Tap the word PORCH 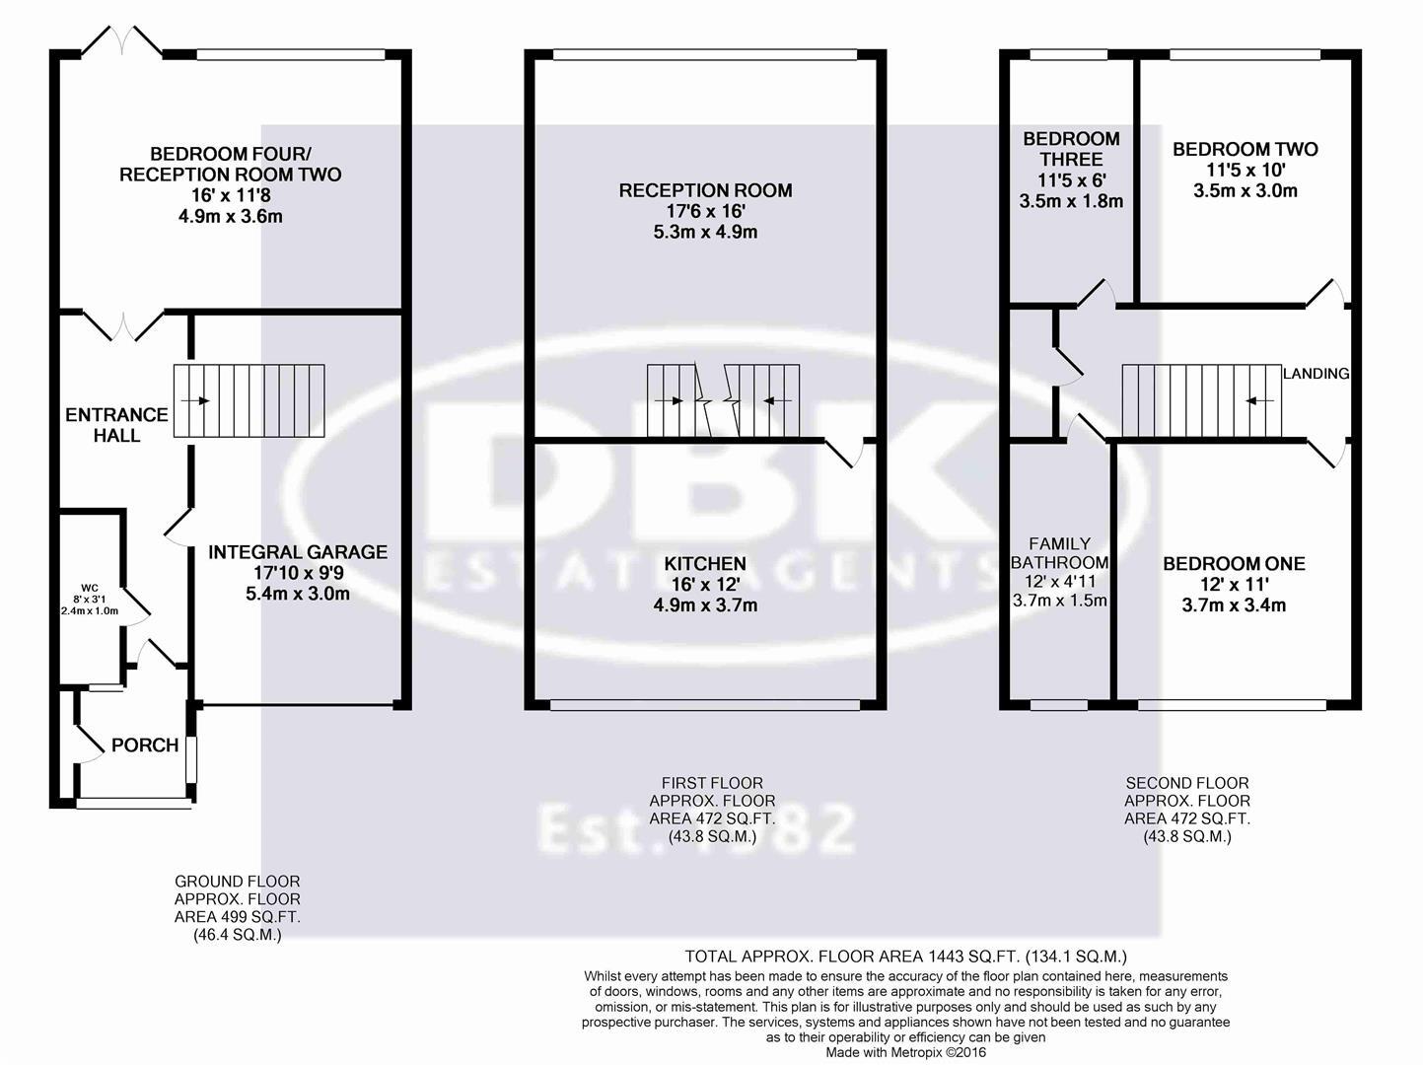click(x=145, y=745)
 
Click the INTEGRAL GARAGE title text click(x=297, y=552)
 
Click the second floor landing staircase click(x=1200, y=401)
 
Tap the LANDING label click(x=1316, y=374)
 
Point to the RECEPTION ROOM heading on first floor click(x=705, y=190)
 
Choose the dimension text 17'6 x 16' click(x=705, y=212)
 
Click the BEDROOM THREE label click(x=1071, y=149)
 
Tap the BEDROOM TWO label click(x=1245, y=150)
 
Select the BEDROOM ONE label click(x=1234, y=564)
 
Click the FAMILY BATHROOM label click(x=1060, y=553)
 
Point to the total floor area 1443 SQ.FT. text click(x=905, y=957)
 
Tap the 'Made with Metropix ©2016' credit click(x=905, y=1053)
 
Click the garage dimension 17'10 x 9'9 click(x=297, y=573)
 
